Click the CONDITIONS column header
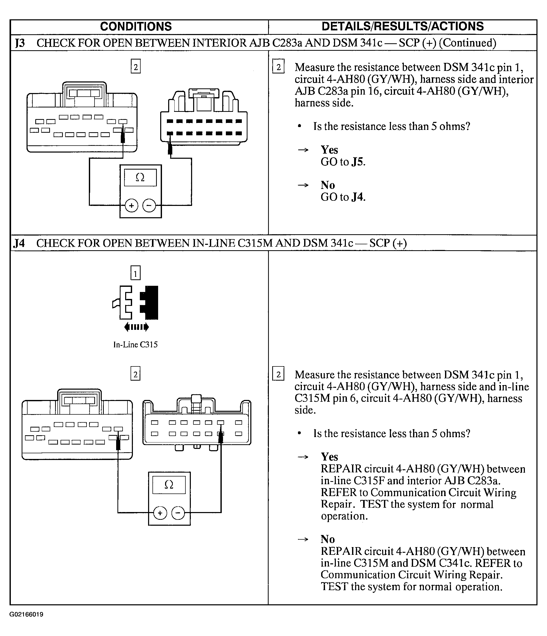(136, 27)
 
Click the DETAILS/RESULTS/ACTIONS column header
(403, 27)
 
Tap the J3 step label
(20, 43)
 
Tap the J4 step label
(19, 243)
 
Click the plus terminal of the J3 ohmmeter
(131, 205)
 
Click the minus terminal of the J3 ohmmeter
(149, 205)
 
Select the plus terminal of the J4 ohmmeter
(160, 513)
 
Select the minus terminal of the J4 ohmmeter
(178, 513)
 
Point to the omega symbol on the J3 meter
(140, 177)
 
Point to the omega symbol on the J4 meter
(169, 485)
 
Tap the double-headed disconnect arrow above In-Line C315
(136, 327)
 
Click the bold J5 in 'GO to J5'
(358, 162)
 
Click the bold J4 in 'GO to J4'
(358, 197)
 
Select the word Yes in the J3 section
(329, 150)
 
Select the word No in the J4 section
(328, 539)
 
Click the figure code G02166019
(26, 614)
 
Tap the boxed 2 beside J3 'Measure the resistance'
(278, 66)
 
